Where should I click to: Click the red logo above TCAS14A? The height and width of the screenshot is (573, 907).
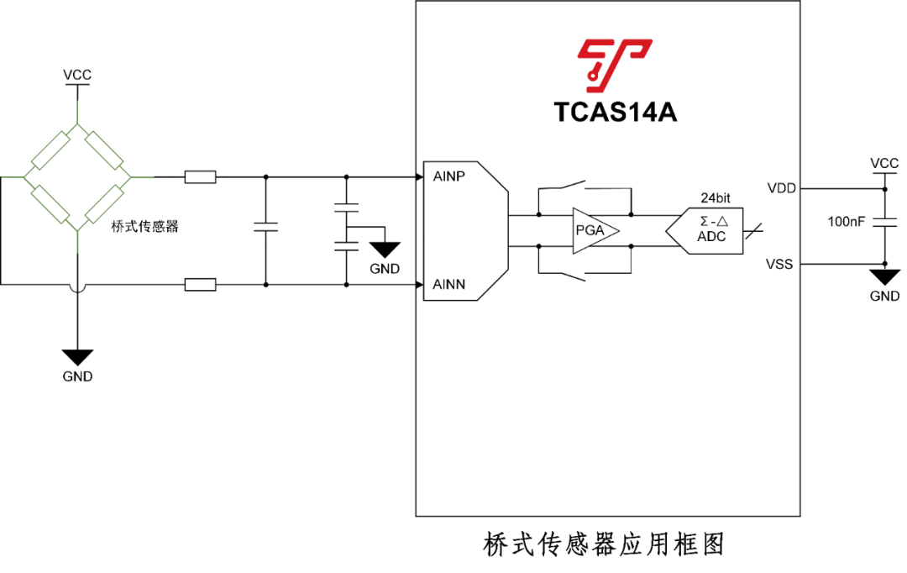[614, 65]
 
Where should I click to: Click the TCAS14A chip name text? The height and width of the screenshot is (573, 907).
[615, 113]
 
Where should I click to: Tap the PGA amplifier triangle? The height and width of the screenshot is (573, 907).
[595, 230]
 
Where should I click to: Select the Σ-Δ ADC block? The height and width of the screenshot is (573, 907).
[704, 230]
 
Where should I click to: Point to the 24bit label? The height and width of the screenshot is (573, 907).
[715, 198]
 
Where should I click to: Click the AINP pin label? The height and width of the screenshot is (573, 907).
[448, 176]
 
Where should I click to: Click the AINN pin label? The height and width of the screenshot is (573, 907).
[448, 284]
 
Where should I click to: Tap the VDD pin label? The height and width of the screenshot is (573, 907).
[782, 189]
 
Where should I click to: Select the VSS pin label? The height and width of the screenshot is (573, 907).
[779, 265]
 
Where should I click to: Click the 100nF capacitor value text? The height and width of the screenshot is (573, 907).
[847, 222]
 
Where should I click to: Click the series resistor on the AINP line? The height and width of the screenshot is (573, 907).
[200, 177]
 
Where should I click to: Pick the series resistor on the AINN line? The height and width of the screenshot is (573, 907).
[200, 284]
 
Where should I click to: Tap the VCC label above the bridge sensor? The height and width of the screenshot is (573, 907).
[77, 76]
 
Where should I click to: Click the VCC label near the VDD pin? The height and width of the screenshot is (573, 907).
[884, 164]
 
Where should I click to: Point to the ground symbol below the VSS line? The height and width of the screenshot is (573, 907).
[884, 277]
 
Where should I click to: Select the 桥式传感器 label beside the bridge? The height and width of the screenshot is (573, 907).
[144, 226]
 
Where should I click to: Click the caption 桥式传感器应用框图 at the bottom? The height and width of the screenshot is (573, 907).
[603, 544]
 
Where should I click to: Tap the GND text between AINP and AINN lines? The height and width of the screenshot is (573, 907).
[385, 269]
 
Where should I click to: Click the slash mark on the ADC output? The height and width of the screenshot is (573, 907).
[753, 231]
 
